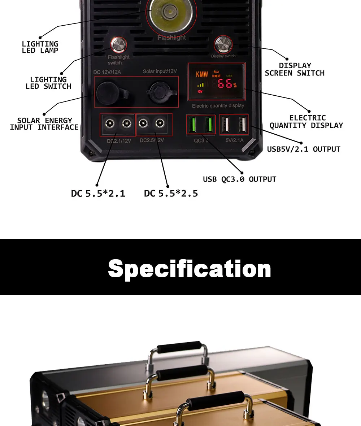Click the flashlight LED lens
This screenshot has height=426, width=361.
coord(169,13)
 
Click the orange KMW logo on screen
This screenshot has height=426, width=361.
coord(202,75)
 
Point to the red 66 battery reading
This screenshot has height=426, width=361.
coord(225,84)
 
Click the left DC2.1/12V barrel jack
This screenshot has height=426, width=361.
coord(109,124)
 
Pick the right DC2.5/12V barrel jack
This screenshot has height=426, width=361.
coord(159,124)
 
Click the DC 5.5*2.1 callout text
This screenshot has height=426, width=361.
coord(98,194)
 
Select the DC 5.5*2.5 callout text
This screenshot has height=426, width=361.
coord(171,194)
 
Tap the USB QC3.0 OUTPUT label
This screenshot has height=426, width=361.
coord(239,179)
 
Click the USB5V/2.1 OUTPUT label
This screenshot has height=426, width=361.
coord(304,149)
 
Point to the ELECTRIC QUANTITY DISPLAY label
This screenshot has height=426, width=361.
coord(306,122)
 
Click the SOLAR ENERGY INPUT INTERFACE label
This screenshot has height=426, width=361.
coord(44,124)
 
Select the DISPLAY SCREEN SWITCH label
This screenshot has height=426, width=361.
coord(295,69)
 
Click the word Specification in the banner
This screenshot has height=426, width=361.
coord(189,268)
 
